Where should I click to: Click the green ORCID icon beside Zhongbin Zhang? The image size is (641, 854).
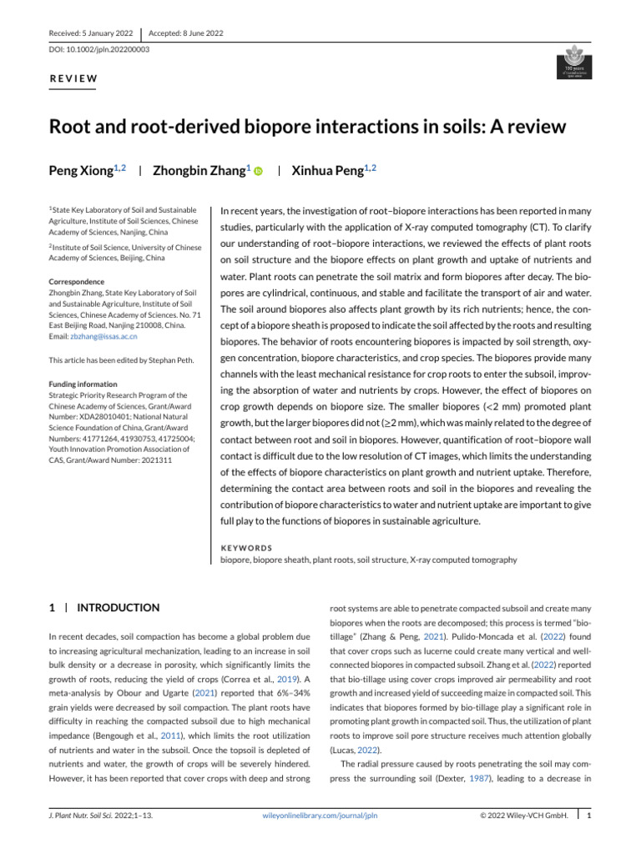tap(258, 172)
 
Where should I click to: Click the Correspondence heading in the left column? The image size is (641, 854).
tap(78, 283)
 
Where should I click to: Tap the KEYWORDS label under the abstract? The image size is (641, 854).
tap(245, 548)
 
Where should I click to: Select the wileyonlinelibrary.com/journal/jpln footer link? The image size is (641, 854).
tap(320, 815)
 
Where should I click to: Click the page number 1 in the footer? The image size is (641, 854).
tap(589, 815)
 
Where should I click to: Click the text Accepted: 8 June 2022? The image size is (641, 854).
tap(185, 33)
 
